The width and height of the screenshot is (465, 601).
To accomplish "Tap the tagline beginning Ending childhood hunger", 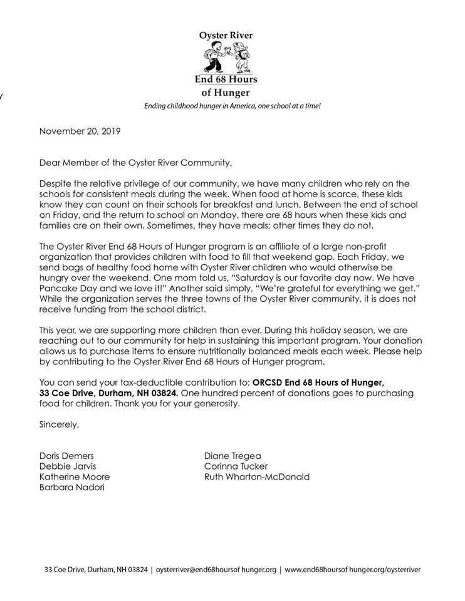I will (232, 107).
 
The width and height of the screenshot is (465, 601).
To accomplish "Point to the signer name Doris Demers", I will (66, 456).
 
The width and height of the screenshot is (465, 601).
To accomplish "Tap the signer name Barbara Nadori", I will (69, 488).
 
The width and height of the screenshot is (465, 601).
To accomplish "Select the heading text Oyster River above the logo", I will (228, 37).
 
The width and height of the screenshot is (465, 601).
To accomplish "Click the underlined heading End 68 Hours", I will (228, 80).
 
